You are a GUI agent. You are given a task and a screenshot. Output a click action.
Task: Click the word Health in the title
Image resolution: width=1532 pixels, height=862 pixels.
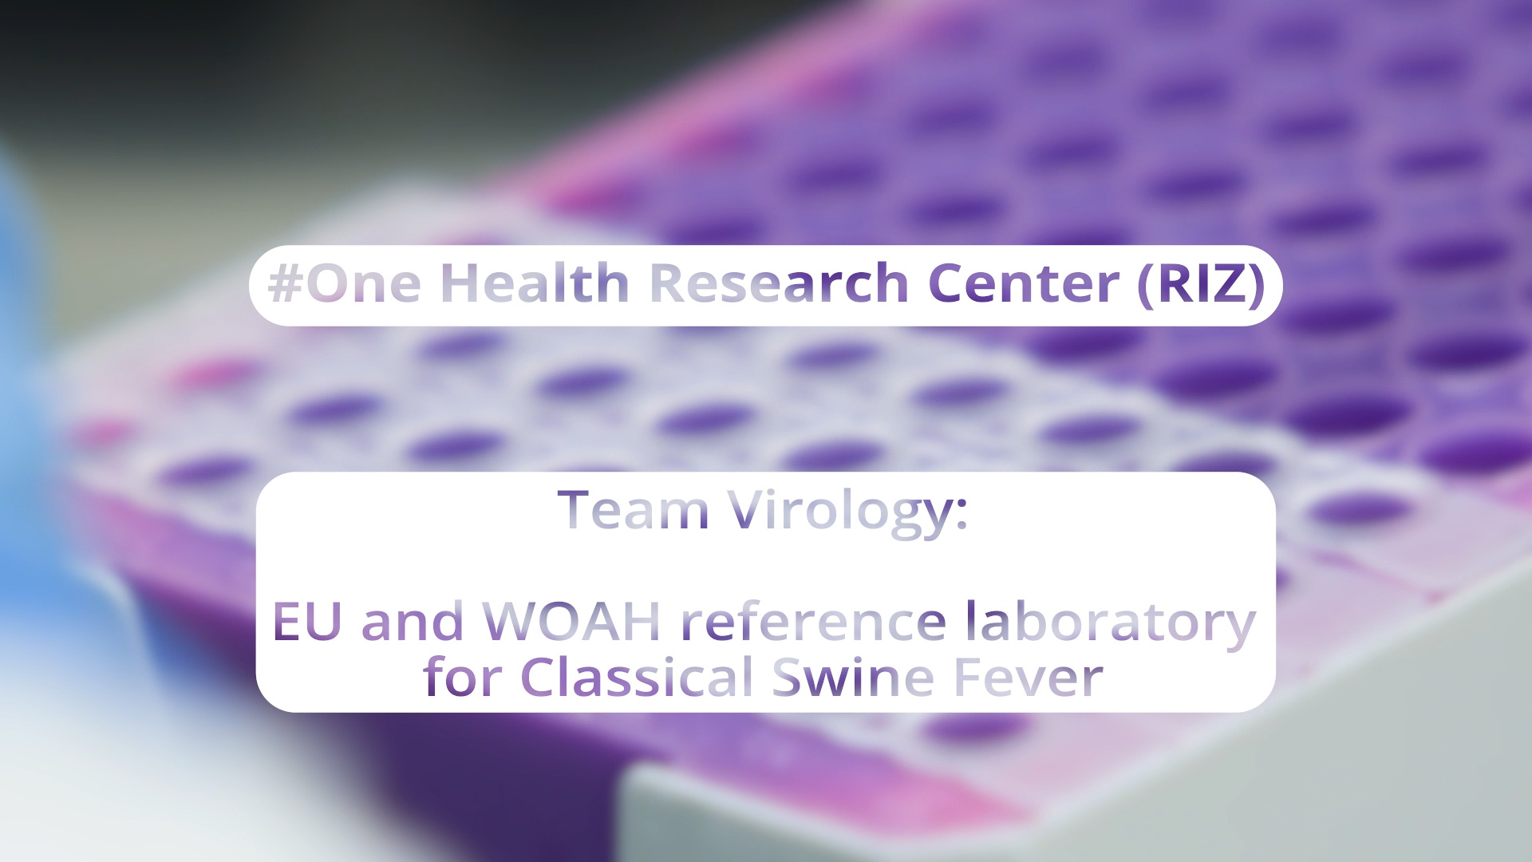point(535,283)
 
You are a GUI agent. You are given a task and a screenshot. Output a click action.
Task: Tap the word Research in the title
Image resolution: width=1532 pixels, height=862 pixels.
point(779,283)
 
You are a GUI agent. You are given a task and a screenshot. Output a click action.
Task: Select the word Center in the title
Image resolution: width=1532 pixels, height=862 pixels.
point(1024,283)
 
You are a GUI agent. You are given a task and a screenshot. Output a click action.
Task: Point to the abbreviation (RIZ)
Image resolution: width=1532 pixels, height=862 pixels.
point(1202,284)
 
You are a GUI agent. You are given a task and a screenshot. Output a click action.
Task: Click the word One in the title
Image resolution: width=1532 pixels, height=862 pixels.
point(364,283)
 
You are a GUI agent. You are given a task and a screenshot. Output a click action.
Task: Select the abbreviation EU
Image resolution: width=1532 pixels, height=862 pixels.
point(307,622)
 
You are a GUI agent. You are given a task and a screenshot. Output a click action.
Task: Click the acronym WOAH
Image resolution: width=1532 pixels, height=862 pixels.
point(571,622)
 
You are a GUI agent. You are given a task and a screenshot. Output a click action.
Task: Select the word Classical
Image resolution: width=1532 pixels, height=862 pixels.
point(637,676)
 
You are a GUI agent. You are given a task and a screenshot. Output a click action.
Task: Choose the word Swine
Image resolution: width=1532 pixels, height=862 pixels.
point(853,677)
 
